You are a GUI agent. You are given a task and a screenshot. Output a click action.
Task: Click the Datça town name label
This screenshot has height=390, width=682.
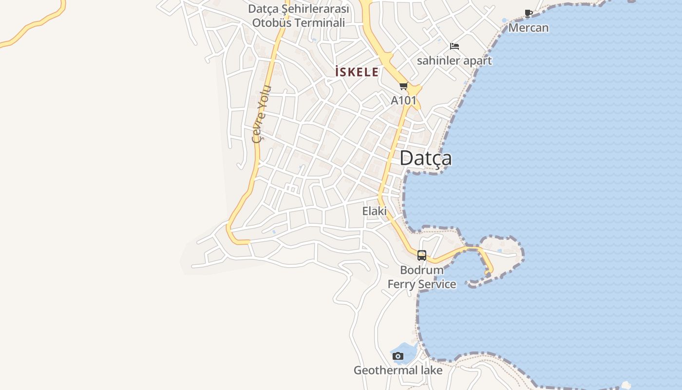click(425, 158)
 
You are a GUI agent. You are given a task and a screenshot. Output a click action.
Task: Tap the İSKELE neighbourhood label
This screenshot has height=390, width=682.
click(357, 72)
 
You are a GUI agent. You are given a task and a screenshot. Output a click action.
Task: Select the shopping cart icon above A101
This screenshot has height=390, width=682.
click(403, 87)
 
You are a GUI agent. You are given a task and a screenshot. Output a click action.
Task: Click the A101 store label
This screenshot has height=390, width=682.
click(404, 100)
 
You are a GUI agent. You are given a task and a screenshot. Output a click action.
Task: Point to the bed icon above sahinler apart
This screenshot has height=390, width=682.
click(455, 46)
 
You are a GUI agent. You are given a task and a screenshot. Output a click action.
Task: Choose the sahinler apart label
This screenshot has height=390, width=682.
click(454, 61)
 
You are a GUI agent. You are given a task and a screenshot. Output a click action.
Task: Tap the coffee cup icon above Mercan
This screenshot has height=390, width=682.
click(529, 13)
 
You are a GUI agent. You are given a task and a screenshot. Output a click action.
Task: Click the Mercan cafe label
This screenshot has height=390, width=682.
click(529, 28)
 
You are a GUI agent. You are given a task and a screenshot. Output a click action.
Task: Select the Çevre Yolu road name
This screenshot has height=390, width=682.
click(261, 114)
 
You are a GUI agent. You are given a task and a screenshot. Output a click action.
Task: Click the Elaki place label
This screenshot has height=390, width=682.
click(374, 211)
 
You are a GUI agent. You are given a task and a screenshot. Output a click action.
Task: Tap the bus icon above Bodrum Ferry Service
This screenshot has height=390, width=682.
click(422, 255)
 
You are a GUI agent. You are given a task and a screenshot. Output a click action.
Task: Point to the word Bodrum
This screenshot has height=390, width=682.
click(422, 270)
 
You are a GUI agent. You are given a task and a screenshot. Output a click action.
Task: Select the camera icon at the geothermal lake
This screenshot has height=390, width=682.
click(398, 356)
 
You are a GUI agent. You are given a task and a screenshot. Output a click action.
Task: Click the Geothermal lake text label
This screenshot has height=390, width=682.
click(398, 370)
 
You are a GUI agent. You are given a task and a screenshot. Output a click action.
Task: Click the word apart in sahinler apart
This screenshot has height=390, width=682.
click(477, 61)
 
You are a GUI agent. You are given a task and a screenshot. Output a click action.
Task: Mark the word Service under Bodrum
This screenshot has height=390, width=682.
click(437, 284)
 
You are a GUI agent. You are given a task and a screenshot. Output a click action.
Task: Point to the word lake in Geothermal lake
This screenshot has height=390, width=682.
click(429, 370)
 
